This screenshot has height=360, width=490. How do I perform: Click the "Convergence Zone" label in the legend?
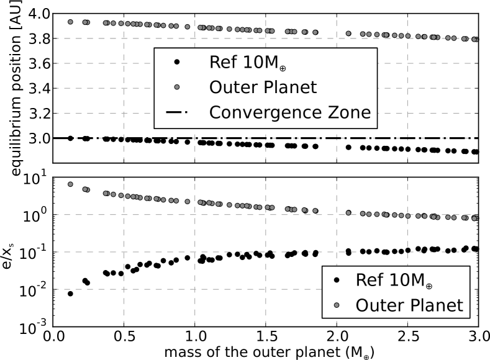pyautogui.click(x=290, y=112)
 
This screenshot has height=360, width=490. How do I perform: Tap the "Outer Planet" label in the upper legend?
pyautogui.click(x=263, y=88)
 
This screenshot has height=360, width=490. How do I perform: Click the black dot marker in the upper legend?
pyautogui.click(x=177, y=62)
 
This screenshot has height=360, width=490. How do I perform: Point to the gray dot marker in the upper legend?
pyautogui.click(x=177, y=87)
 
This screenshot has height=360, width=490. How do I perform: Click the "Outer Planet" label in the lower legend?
pyautogui.click(x=409, y=305)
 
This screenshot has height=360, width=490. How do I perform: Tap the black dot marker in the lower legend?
pyautogui.click(x=336, y=280)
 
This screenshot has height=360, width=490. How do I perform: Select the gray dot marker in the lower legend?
pyautogui.click(x=336, y=305)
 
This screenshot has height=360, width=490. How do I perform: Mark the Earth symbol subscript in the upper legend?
pyautogui.click(x=283, y=68)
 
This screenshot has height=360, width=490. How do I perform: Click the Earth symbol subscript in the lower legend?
pyautogui.click(x=429, y=286)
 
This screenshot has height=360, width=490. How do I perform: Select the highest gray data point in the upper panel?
pyautogui.click(x=70, y=22)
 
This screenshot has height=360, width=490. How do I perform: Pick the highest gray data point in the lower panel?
pyautogui.click(x=70, y=184)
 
